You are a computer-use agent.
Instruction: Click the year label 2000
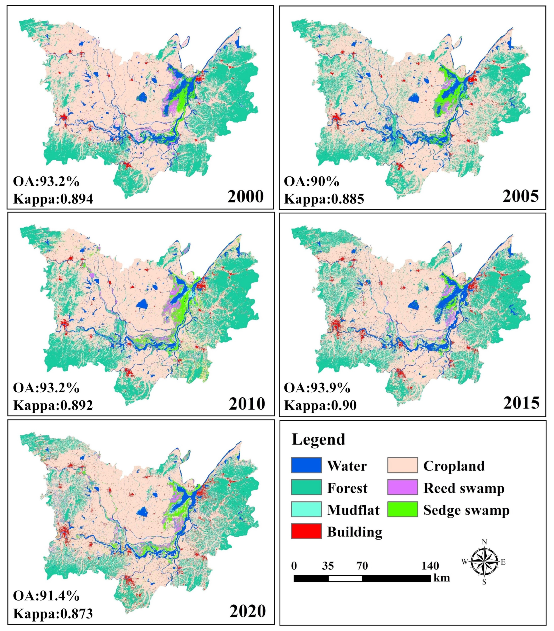point(245,196)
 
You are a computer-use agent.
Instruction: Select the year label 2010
point(247,403)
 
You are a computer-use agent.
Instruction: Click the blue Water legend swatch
point(306,465)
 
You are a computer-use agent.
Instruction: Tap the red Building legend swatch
point(306,531)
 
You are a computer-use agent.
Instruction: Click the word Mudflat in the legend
point(353,510)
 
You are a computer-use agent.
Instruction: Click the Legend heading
point(318,439)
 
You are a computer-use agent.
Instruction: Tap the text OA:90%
point(311,182)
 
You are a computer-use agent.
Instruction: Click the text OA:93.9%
point(317,388)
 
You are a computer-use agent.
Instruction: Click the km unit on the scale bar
point(441,578)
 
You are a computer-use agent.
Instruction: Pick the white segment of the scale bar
point(345,578)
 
